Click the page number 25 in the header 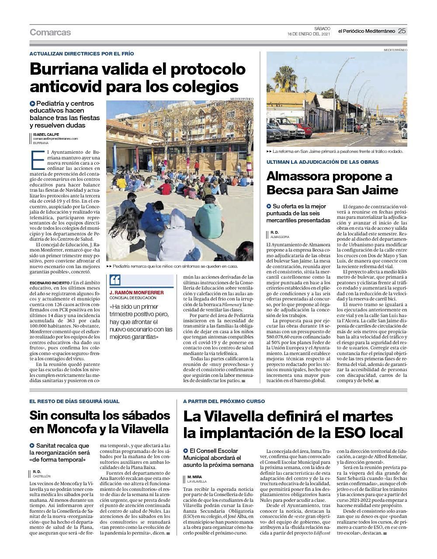pyautogui.click(x=402, y=31)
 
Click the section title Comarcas pyautogui.click(x=50, y=32)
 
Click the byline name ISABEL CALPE pyautogui.click(x=46, y=134)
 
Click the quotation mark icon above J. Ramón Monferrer pyautogui.click(x=115, y=280)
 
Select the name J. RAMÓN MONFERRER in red pyautogui.click(x=136, y=293)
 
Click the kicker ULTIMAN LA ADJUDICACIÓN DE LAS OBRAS pyautogui.click(x=323, y=162)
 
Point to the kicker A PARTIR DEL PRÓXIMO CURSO pyautogui.click(x=224, y=401)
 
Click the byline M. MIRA pyautogui.click(x=194, y=477)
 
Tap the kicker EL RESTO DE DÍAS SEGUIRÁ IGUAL pyautogui.click(x=74, y=401)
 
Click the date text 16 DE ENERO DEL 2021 pyautogui.click(x=309, y=34)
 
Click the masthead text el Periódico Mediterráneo pyautogui.click(x=366, y=31)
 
